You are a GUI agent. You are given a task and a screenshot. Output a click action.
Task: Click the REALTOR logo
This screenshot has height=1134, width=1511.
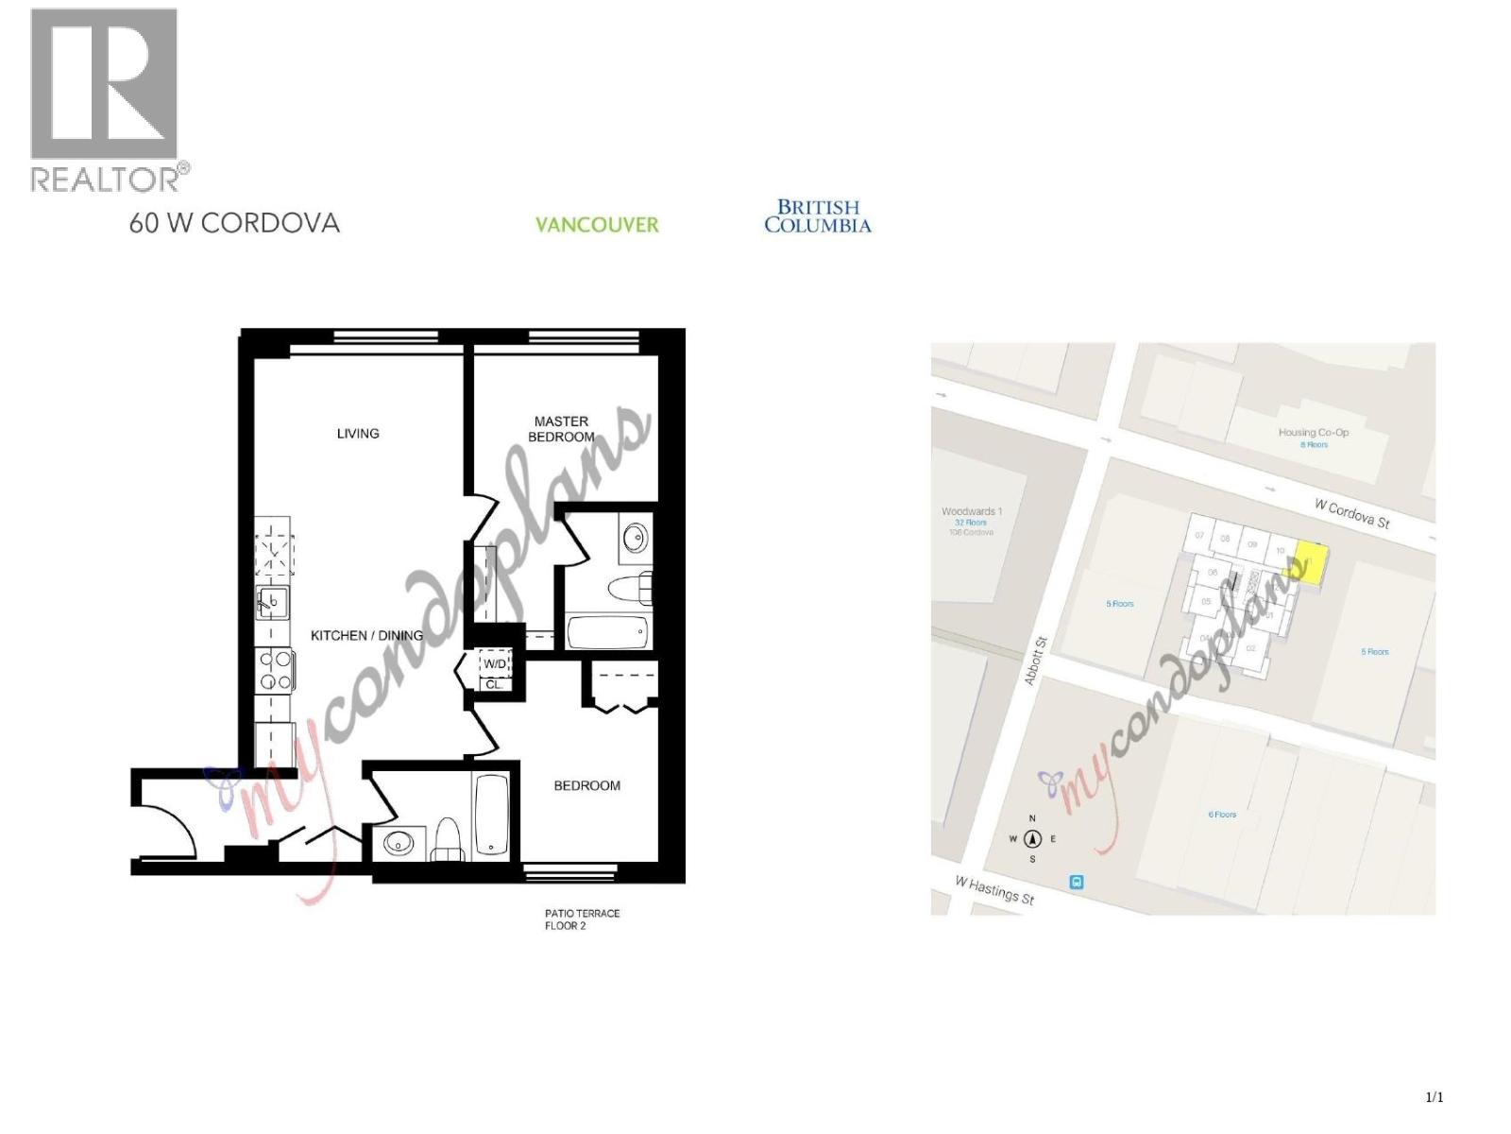(x=104, y=99)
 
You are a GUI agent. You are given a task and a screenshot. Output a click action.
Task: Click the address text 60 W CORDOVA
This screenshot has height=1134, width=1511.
(x=234, y=223)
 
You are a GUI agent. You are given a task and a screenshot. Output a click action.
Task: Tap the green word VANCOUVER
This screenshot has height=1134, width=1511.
(x=597, y=225)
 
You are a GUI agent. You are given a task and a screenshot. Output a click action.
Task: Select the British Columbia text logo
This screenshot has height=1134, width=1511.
(x=818, y=216)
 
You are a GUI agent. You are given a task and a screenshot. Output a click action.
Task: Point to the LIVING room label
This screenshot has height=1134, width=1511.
(x=358, y=434)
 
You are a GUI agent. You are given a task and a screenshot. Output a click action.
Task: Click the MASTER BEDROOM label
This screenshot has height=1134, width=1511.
(x=561, y=429)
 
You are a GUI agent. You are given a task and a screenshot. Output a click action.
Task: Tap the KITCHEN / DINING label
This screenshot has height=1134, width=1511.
(x=366, y=635)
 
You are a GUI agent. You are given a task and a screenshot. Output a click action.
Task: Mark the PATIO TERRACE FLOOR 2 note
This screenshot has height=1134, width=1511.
(x=582, y=919)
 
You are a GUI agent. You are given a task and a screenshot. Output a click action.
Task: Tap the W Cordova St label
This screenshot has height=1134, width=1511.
(x=1351, y=513)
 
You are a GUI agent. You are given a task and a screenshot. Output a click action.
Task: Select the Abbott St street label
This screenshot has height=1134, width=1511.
(x=1036, y=661)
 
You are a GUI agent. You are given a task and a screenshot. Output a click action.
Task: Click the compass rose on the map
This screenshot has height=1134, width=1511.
(x=1032, y=838)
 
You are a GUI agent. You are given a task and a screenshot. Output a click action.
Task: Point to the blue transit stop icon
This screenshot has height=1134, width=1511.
(x=1076, y=883)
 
